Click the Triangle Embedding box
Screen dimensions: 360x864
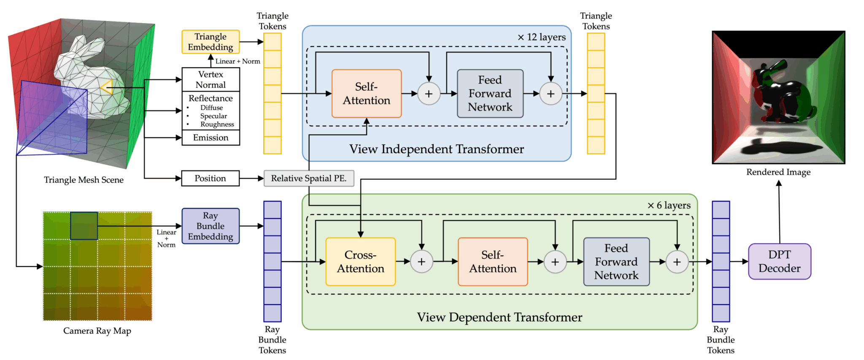[211, 42]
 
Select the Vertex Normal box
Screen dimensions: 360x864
[211, 79]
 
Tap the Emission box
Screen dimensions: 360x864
[211, 138]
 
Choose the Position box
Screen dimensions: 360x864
[211, 178]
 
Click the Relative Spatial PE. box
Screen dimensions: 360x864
[309, 178]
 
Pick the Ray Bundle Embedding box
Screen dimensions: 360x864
[211, 226]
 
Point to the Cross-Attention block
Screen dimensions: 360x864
[360, 262]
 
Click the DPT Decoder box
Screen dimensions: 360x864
[779, 261]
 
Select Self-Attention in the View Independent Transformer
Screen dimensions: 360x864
[366, 93]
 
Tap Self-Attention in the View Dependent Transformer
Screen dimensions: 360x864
[492, 262]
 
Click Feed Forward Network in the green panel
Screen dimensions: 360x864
[616, 262]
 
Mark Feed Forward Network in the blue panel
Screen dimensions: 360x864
[490, 93]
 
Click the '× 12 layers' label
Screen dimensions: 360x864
[541, 37]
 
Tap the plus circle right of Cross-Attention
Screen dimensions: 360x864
[421, 262]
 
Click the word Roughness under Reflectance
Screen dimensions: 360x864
[217, 124]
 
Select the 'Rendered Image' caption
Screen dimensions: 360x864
[778, 172]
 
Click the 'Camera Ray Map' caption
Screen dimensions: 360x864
[97, 331]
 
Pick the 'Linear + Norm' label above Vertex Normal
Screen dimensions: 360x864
[238, 61]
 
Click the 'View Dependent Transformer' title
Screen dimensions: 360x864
[499, 317]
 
